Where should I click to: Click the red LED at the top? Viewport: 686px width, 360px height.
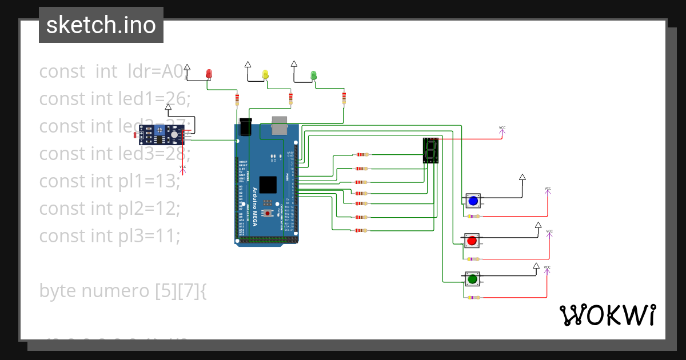[209, 74]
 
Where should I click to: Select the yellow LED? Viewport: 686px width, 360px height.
[265, 74]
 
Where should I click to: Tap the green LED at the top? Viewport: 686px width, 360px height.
[313, 75]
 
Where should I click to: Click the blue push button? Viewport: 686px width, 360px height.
[472, 201]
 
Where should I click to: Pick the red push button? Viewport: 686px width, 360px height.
[472, 241]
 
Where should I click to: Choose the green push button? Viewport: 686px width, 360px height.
[472, 279]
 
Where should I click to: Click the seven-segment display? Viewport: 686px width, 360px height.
[430, 150]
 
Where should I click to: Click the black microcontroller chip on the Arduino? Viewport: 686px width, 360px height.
[268, 185]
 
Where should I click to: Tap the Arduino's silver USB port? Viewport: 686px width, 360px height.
[280, 125]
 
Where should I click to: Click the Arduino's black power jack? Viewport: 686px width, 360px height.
[246, 126]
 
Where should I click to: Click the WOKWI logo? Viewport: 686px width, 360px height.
[607, 315]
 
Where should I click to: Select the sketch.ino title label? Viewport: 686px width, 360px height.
[101, 25]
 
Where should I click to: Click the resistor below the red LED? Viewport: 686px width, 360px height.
[237, 101]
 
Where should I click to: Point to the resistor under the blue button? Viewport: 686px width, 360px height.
[473, 216]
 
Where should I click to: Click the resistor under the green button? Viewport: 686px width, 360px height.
[473, 297]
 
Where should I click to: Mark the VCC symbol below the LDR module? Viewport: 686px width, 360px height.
[183, 168]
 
